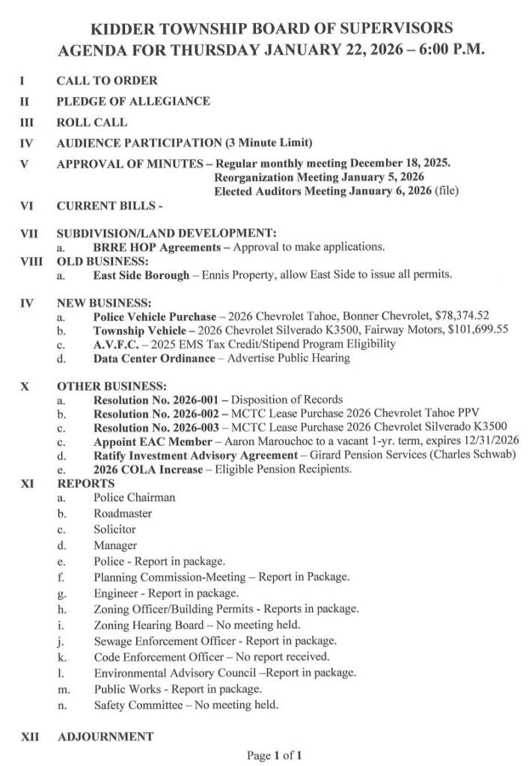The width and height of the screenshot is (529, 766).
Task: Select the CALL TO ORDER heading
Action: (x=106, y=81)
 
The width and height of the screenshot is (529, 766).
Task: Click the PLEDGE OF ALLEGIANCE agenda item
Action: (x=133, y=101)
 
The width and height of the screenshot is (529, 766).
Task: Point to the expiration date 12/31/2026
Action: (x=489, y=441)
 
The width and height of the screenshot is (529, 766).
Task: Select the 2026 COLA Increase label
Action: (x=148, y=468)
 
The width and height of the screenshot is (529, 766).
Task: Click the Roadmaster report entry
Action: (x=123, y=514)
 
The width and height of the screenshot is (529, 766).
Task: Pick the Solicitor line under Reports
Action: (x=115, y=530)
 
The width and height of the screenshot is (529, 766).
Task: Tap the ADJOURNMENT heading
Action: (x=105, y=737)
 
